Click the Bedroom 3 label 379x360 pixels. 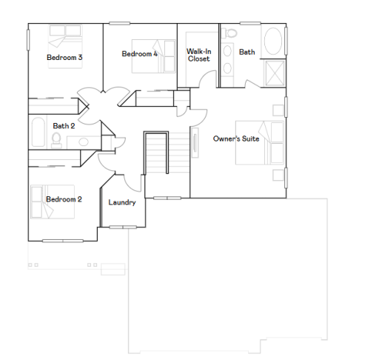point(64,57)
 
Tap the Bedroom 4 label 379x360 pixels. point(140,54)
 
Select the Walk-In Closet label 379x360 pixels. point(198,55)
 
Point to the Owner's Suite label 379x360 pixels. point(236,139)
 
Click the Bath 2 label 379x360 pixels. point(64,126)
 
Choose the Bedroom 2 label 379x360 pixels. point(64,199)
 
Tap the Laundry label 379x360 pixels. point(122,202)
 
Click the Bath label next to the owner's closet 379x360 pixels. point(247,52)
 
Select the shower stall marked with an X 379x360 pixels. point(274,73)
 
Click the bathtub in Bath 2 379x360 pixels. point(36,133)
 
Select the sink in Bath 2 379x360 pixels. point(83,141)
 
